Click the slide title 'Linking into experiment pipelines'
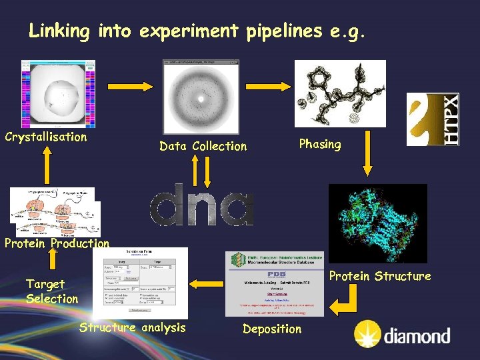197,31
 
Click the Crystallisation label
46,137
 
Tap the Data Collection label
203,146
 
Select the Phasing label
320,144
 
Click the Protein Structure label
381,276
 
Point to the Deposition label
272,329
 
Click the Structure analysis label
133,327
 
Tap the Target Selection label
52,291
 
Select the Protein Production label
57,243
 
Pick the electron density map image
340,93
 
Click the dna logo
201,205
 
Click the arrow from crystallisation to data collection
129,86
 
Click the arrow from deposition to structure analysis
207,283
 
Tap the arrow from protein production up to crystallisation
46,163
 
